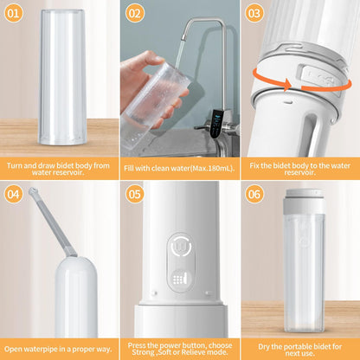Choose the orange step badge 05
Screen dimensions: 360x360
(135, 194)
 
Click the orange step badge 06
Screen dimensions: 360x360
(254, 194)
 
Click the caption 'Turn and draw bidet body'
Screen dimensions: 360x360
(60, 165)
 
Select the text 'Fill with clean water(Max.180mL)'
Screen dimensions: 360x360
(180, 165)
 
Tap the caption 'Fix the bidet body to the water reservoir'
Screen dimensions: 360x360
(300, 165)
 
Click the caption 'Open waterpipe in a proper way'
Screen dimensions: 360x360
(60, 347)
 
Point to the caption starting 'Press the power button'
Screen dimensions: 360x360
(180, 347)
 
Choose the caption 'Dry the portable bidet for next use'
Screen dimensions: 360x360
(300, 347)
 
